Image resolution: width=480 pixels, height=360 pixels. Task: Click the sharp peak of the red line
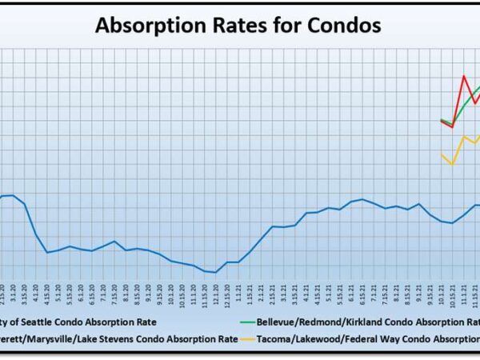[464, 76]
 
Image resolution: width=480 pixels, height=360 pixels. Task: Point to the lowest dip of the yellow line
[453, 164]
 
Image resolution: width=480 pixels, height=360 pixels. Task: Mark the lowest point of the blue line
[215, 273]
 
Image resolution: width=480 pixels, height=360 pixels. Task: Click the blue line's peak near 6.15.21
[362, 199]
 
